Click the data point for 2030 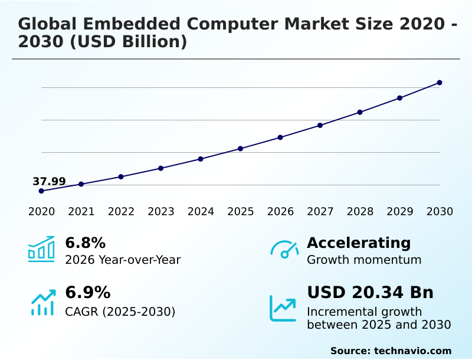point(440,83)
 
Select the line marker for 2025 point(241,148)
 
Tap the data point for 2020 point(41,191)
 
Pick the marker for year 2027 point(320,125)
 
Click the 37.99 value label point(49,181)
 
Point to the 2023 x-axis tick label point(161,212)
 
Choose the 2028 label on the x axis point(360,212)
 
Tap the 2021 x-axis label point(81,212)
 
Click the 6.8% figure point(85,243)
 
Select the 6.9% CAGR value point(87,293)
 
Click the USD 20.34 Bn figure point(370,293)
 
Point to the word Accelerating point(359,243)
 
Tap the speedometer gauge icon point(284,250)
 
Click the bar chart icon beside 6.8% point(41,249)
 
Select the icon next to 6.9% point(42,302)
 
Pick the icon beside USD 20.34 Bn point(283,308)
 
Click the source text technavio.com point(412,351)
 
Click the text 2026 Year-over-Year point(123,260)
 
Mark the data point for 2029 point(399,98)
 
